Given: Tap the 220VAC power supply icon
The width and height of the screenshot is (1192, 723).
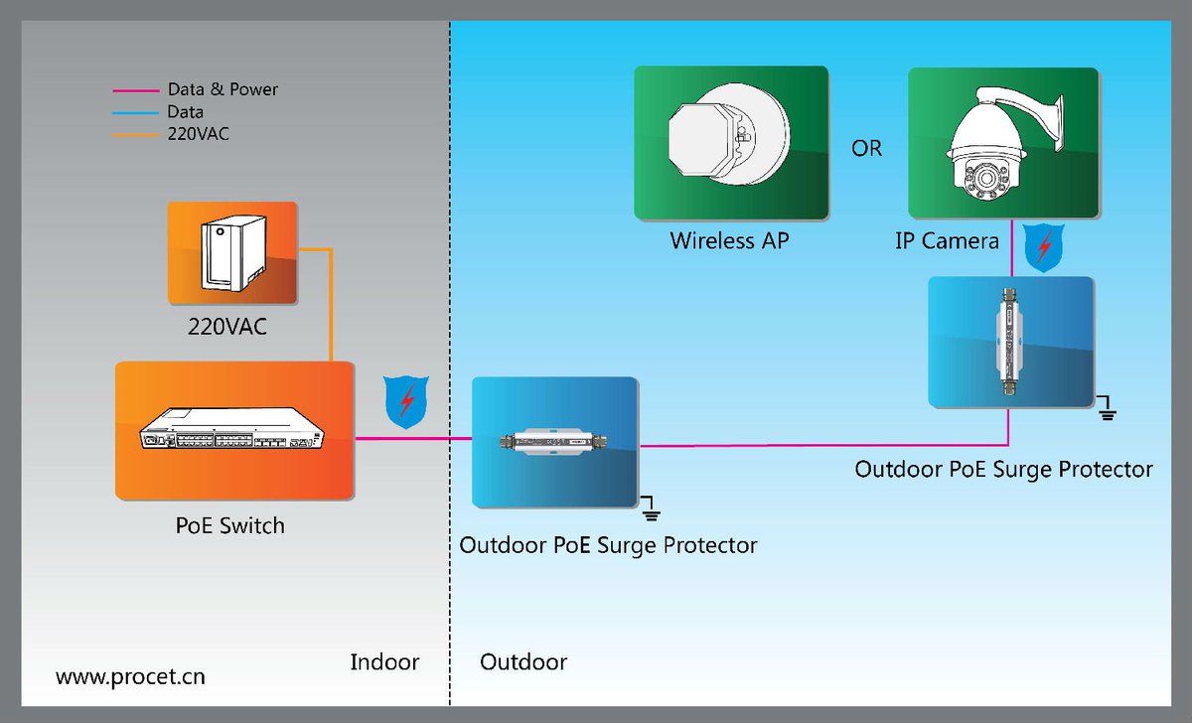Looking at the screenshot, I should click(232, 253).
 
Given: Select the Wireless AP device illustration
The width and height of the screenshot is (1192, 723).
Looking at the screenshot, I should click(730, 143).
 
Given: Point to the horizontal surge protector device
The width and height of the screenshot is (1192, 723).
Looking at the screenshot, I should click(554, 442).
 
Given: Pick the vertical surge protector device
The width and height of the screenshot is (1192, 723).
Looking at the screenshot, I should click(1010, 342).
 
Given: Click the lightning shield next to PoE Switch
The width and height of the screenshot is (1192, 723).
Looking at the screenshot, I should click(405, 402).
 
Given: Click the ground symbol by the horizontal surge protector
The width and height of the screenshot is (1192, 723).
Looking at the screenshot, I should click(651, 509).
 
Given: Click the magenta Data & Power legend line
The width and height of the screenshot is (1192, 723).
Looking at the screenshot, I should click(135, 90).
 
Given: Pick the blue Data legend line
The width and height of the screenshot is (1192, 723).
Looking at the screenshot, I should click(135, 112).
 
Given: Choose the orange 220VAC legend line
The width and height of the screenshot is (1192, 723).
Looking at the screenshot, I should click(135, 133).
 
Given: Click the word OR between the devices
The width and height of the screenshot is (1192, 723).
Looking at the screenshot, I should click(866, 148).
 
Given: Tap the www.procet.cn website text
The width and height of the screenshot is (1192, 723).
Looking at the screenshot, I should click(130, 677).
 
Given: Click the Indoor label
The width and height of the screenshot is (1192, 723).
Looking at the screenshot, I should click(384, 662).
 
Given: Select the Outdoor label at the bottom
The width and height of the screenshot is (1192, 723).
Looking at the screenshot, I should click(523, 662).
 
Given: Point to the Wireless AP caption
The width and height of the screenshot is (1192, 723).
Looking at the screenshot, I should click(729, 240).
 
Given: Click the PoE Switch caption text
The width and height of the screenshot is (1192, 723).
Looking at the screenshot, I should click(229, 525).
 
